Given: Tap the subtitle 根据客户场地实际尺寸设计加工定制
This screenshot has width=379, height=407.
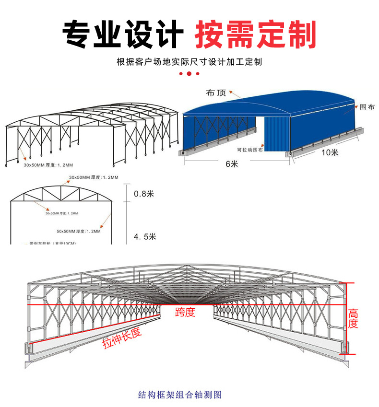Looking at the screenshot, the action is point(189,62).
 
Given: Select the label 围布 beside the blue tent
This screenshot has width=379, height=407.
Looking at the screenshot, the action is point(367,107).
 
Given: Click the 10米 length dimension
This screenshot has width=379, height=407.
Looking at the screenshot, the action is point(331,153).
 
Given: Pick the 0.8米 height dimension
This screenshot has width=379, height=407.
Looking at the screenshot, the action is point(143,194).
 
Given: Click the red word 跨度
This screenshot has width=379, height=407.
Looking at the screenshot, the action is point(185,313).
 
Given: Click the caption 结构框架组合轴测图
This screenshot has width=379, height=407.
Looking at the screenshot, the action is point(179,395).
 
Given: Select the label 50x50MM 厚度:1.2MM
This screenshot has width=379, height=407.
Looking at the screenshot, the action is point(79,231).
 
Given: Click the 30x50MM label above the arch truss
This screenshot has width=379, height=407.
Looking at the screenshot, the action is point(94,177).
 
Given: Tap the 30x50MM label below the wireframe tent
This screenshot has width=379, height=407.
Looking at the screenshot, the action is point(48,164).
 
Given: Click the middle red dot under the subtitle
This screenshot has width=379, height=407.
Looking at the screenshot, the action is point(189,73).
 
